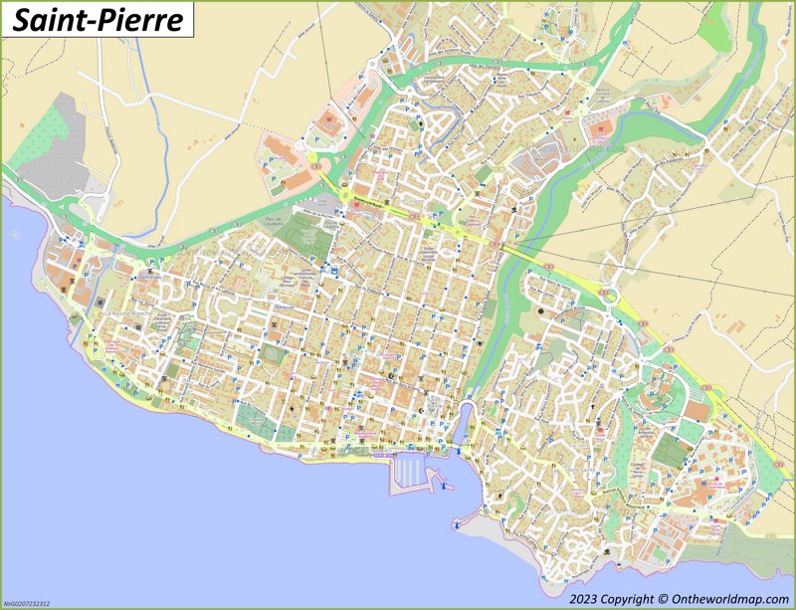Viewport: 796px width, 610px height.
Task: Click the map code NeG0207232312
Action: coord(27,603)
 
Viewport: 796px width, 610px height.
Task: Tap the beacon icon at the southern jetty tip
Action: coord(456,521)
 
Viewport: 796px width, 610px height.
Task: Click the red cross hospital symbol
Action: coord(720,482)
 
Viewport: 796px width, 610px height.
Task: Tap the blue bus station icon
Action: coord(336,270)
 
